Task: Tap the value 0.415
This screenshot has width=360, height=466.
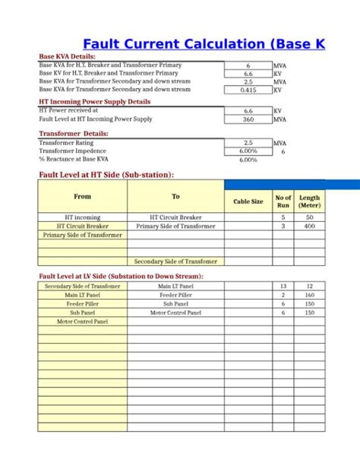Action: (248, 90)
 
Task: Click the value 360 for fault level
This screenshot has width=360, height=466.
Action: (248, 119)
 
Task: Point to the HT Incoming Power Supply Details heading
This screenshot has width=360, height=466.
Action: (95, 101)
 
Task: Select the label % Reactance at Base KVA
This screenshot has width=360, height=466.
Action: (74, 160)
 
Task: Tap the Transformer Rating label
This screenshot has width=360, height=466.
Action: (66, 142)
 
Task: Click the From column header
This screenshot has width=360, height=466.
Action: (83, 196)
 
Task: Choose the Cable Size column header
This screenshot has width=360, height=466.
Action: (248, 201)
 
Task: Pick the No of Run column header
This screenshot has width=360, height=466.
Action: (283, 201)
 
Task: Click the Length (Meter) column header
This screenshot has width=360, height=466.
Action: (309, 201)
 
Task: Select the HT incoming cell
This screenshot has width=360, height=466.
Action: (83, 217)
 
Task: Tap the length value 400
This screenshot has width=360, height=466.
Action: (309, 226)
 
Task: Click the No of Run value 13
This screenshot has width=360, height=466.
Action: (283, 286)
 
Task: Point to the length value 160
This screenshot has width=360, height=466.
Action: (309, 295)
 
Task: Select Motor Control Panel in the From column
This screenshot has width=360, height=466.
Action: (83, 322)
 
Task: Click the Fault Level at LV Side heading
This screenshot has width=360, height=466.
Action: (121, 276)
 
